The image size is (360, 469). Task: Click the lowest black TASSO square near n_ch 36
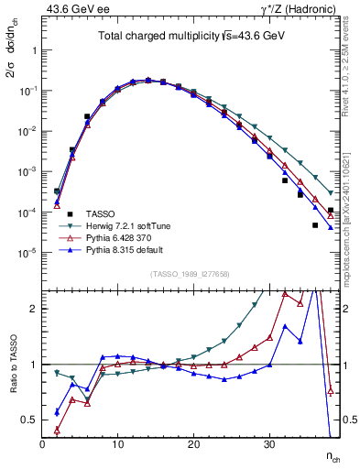[x=315, y=225]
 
